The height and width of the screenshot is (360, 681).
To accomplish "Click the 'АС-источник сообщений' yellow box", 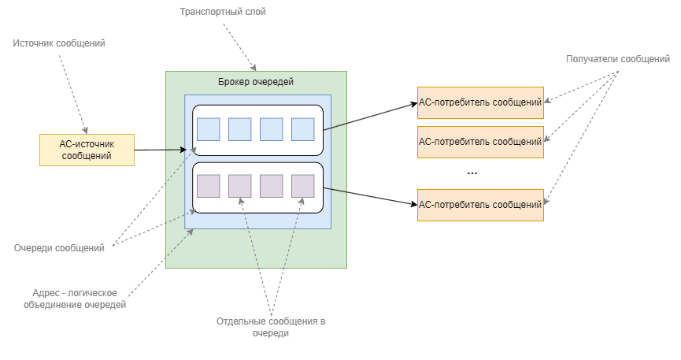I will click(x=87, y=150).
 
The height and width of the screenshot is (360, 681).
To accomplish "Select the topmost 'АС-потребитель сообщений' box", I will click(x=480, y=102).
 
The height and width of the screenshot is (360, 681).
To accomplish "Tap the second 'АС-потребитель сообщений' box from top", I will click(x=480, y=142).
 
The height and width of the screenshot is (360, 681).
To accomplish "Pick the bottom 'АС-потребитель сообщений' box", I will click(x=480, y=205).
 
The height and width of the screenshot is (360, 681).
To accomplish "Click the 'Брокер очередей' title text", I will click(x=256, y=82).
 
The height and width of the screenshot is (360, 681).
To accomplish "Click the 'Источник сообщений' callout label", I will click(x=59, y=43).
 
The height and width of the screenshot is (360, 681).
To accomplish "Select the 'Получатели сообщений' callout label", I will click(x=618, y=59).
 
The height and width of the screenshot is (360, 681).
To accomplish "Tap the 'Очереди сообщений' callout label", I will click(x=60, y=248).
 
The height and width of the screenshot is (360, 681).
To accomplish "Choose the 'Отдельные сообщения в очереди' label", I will click(x=272, y=328).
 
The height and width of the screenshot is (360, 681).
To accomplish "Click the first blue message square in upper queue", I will click(x=208, y=129).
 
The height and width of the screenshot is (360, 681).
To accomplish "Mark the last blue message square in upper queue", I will click(x=302, y=129).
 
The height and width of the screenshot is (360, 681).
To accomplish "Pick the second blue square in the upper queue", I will click(x=239, y=129).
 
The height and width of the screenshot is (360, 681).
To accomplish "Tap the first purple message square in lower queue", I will click(x=208, y=186).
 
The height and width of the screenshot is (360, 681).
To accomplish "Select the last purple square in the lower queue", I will click(x=302, y=186).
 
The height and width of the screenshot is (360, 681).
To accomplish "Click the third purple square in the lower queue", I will click(x=271, y=186).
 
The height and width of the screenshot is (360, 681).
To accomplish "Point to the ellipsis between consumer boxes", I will click(x=472, y=171).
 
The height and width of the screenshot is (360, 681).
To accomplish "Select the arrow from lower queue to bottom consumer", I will click(x=370, y=197).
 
